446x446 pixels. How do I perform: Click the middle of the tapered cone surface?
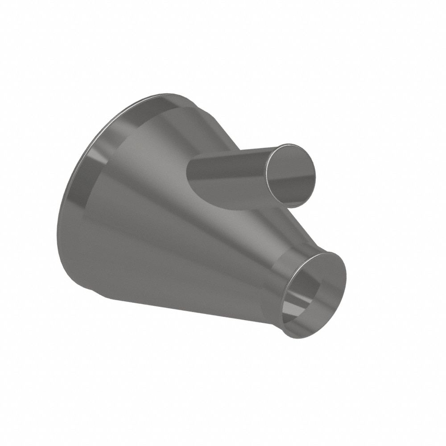click(x=178, y=232)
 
